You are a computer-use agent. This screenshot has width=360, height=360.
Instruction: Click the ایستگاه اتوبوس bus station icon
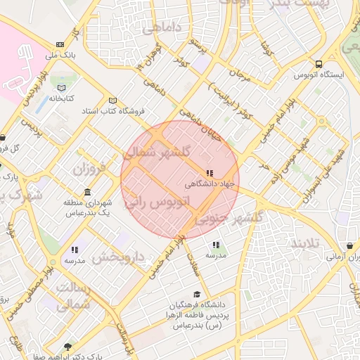pyautogui.click(x=319, y=63)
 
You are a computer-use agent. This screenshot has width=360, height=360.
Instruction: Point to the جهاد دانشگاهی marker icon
pyautogui.click(x=209, y=172)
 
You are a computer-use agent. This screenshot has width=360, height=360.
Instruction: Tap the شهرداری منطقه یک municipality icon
pyautogui.click(x=87, y=192)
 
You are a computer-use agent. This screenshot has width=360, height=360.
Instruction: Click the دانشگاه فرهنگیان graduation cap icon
pyautogui.click(x=197, y=295)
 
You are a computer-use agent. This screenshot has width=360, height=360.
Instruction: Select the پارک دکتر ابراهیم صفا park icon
pyautogui.click(x=67, y=346)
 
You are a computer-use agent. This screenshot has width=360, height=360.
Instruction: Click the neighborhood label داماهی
pyautogui.click(x=160, y=29)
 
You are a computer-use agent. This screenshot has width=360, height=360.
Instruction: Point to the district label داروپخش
pyautogui.click(x=117, y=257)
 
